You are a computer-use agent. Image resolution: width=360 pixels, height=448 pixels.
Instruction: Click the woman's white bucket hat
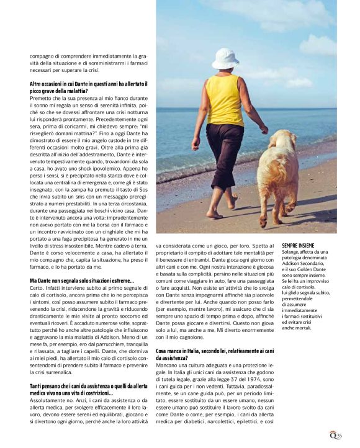point(224,59)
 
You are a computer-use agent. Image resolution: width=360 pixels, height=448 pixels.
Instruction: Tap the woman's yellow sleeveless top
point(224,101)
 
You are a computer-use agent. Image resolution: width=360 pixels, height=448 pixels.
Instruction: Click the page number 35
point(340,435)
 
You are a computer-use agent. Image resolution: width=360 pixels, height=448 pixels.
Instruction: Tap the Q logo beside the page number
point(333,434)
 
